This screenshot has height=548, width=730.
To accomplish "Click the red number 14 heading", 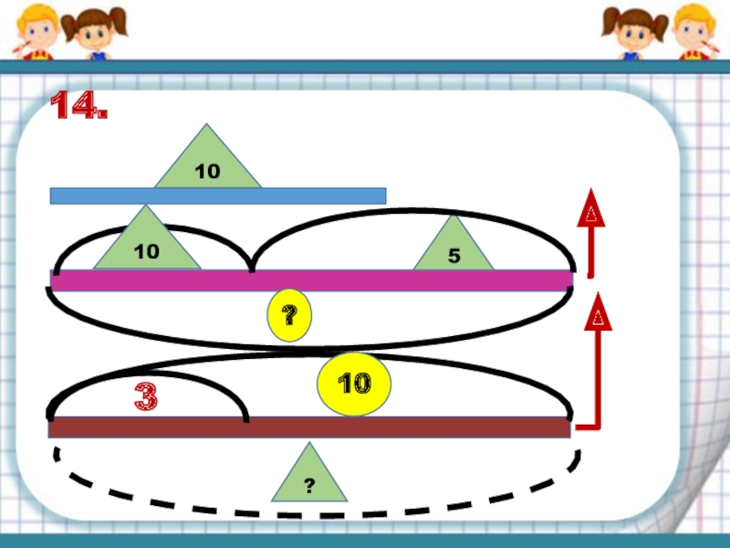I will click(78, 107).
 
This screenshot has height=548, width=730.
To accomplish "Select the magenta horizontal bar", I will click(310, 280).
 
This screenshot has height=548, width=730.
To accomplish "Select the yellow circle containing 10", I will click(354, 385).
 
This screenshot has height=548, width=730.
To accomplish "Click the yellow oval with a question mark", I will click(288, 316).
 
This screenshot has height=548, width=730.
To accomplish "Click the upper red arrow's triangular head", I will click(591, 209).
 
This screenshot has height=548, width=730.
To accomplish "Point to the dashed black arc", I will click(310, 512).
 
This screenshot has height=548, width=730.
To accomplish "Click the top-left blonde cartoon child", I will click(35, 29).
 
